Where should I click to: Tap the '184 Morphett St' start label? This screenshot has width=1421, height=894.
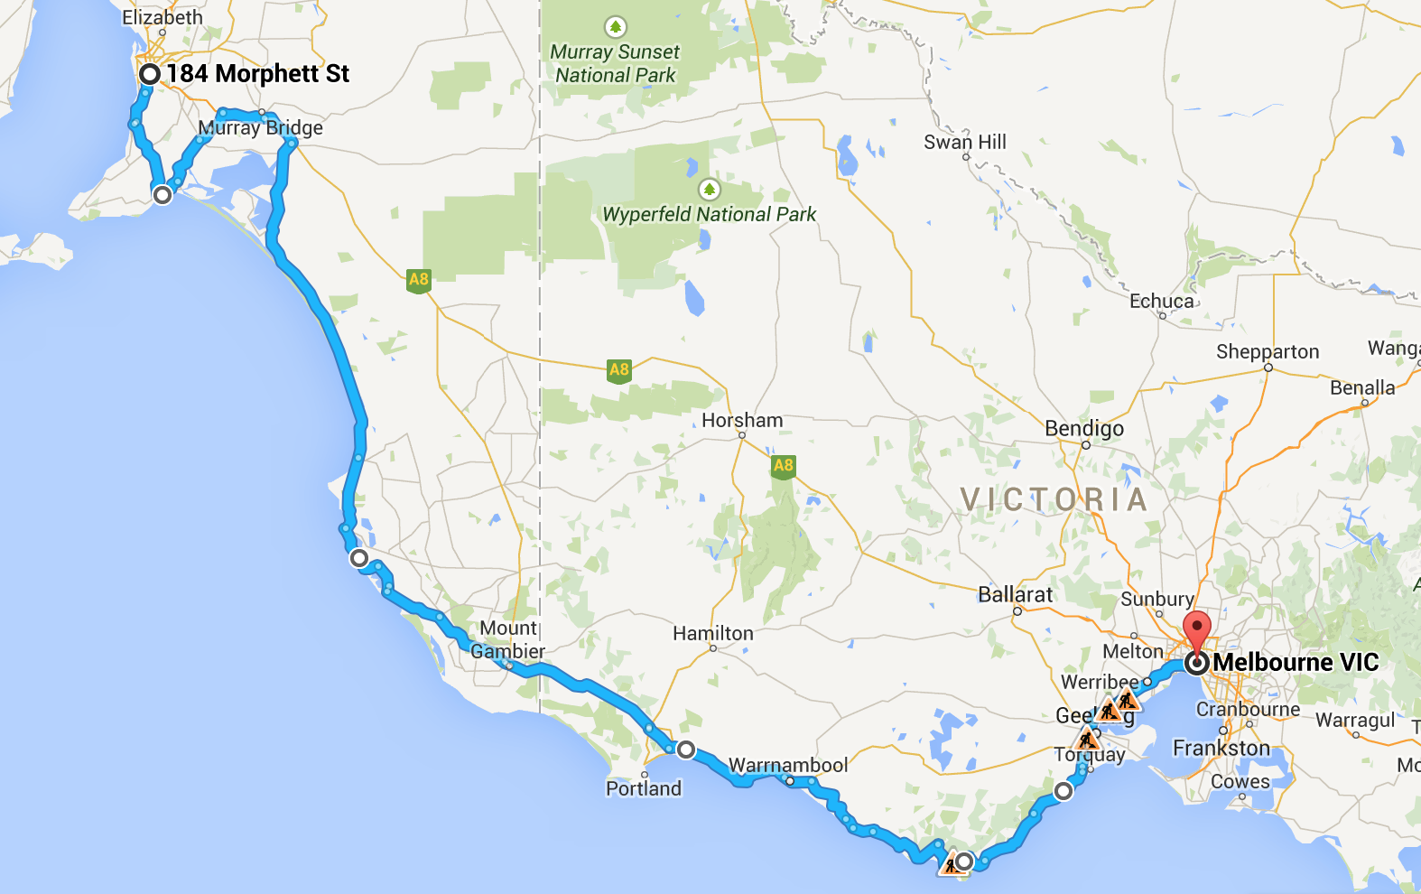[257, 74]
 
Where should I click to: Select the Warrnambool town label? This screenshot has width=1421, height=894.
[788, 765]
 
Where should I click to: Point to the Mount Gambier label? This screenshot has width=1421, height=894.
[508, 639]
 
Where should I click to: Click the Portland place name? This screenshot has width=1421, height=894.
[644, 788]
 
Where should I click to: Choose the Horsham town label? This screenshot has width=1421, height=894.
[742, 420]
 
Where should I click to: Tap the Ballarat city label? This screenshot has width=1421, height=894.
[1016, 594]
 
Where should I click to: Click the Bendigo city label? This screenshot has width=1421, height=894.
[1084, 428]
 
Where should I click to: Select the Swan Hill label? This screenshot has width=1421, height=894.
[964, 142]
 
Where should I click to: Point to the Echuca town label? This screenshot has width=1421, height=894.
[1161, 301]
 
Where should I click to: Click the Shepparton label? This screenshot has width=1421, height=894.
[1268, 351]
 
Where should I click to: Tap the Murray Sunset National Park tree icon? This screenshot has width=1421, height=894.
[616, 27]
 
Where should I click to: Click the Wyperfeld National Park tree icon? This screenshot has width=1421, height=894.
[710, 190]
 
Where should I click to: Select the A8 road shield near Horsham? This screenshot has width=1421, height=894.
[783, 466]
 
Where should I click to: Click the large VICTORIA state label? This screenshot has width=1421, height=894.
[1054, 499]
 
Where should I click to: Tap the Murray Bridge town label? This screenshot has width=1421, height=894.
[260, 127]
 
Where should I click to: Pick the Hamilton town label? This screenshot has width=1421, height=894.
[713, 633]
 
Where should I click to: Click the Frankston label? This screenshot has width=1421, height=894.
[1221, 748]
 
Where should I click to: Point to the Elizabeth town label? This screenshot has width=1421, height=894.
[163, 17]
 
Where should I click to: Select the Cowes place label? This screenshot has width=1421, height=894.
[1240, 781]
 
